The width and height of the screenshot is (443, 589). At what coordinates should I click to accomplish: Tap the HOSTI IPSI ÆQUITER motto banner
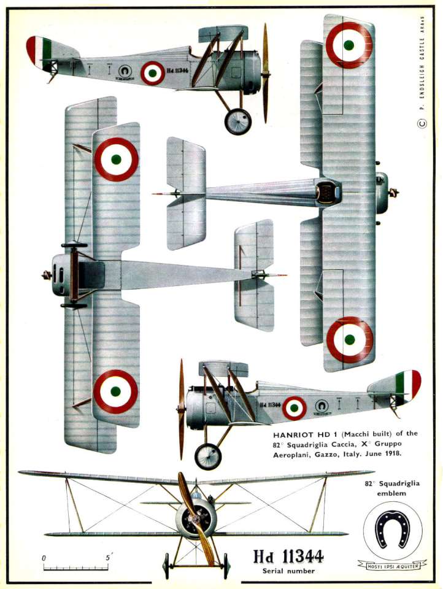click(x=392, y=564)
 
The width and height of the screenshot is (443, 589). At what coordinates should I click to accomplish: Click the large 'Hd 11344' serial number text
click(x=288, y=556)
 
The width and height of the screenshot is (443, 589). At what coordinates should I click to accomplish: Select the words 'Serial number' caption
click(x=288, y=571)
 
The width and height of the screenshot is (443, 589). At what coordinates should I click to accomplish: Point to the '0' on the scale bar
click(x=44, y=558)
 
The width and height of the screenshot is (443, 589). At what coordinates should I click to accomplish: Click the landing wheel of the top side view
click(x=238, y=121)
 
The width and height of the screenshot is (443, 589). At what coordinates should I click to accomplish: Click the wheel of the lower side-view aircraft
click(x=208, y=456)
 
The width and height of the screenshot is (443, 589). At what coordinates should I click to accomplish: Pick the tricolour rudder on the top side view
click(x=39, y=53)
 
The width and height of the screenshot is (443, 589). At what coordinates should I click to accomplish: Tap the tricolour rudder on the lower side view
click(x=408, y=385)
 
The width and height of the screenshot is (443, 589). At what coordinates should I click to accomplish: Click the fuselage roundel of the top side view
click(x=153, y=73)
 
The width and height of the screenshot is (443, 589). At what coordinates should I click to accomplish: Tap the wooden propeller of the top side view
click(x=266, y=73)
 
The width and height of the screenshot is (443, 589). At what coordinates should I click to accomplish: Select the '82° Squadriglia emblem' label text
click(x=392, y=488)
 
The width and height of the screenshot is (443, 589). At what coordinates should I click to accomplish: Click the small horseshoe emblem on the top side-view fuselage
click(x=125, y=71)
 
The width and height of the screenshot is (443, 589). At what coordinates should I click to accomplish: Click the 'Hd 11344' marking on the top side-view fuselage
click(x=177, y=70)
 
